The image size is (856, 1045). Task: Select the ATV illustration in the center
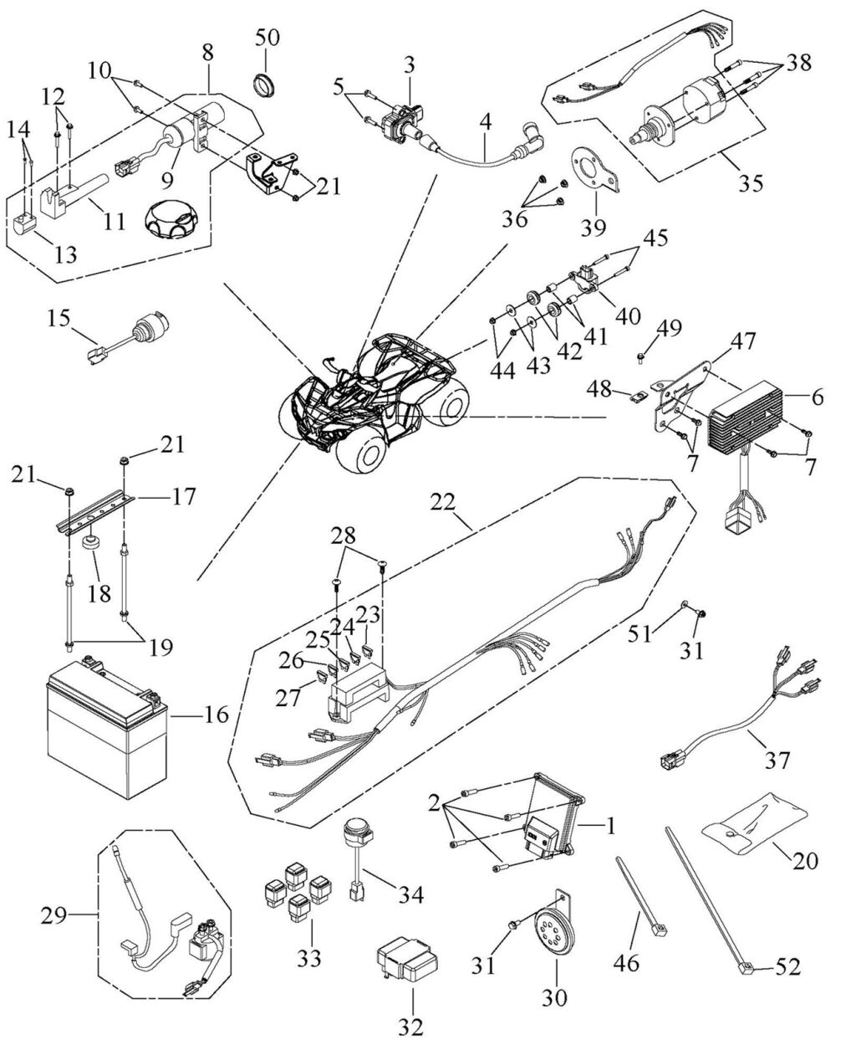pyautogui.click(x=373, y=402)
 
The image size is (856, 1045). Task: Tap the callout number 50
pyautogui.click(x=269, y=38)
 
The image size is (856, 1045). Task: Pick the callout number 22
pyautogui.click(x=444, y=502)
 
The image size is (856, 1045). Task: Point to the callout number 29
pyautogui.click(x=56, y=918)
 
